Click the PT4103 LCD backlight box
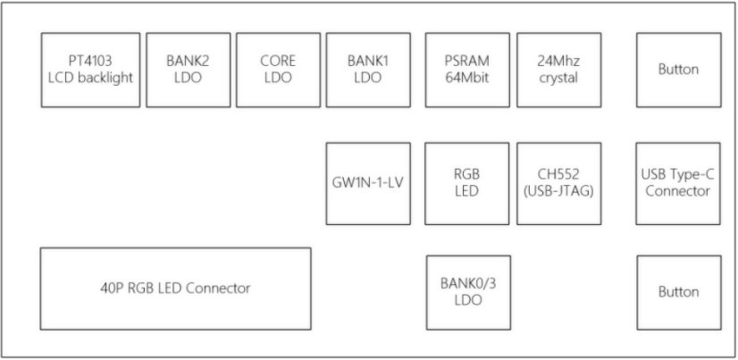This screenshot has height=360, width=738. click(90, 70)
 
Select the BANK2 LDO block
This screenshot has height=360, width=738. click(188, 70)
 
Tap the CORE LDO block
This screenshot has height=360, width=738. click(278, 70)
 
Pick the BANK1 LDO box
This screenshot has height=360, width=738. click(368, 70)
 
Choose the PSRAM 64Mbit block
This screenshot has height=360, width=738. click(467, 70)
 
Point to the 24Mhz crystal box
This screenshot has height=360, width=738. click(558, 70)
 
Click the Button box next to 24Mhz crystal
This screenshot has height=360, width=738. click(678, 70)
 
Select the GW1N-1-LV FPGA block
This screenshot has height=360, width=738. click(368, 183)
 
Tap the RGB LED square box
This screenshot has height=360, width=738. click(467, 183)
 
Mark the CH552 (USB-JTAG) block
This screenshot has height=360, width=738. click(558, 183)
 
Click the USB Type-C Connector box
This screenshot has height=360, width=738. click(678, 183)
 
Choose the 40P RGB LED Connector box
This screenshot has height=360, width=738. click(175, 289)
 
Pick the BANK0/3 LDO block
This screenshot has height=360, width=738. click(467, 292)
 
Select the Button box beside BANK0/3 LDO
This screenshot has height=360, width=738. click(678, 292)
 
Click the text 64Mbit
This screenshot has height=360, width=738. click(467, 78)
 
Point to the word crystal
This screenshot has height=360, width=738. click(558, 78)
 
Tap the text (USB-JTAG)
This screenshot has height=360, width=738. click(558, 191)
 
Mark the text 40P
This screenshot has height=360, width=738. click(113, 289)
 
